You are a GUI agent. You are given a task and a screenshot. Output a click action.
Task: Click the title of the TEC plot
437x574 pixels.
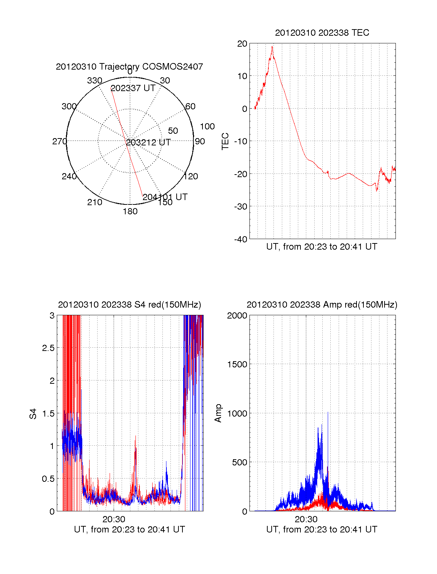(322, 33)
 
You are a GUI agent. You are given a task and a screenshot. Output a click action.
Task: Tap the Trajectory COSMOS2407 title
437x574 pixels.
(129, 67)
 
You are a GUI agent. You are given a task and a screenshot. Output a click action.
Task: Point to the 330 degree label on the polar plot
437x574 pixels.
(94, 81)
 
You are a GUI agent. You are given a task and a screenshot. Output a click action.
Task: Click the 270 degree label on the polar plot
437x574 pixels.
(59, 141)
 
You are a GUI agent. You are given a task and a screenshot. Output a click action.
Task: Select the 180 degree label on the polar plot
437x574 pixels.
(130, 211)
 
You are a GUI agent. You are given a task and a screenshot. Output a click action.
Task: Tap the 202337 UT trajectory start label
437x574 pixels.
(133, 88)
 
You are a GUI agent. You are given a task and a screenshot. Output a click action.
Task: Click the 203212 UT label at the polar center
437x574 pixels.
(148, 142)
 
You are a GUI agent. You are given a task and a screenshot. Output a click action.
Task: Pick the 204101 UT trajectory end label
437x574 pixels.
(165, 197)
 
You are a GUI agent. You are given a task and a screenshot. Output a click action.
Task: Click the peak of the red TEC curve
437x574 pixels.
(272, 46)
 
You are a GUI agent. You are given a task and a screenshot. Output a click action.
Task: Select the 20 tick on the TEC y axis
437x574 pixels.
(242, 44)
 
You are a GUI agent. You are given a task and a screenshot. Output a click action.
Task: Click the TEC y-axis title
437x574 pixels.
(225, 141)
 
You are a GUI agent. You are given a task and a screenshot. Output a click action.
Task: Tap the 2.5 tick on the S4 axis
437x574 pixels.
(48, 348)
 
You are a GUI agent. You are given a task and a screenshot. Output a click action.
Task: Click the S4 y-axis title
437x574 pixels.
(33, 414)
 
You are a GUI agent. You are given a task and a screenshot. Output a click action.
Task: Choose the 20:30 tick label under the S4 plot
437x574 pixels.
(114, 519)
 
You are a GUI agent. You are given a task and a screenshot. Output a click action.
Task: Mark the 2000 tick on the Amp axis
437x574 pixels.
(237, 316)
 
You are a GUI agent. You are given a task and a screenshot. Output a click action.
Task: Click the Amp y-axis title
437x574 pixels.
(218, 413)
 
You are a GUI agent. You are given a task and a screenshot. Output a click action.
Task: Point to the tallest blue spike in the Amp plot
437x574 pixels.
(328, 413)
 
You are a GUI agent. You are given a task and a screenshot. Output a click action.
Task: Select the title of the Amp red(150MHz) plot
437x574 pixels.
(322, 305)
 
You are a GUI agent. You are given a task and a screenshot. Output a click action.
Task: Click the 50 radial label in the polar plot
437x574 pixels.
(173, 131)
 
